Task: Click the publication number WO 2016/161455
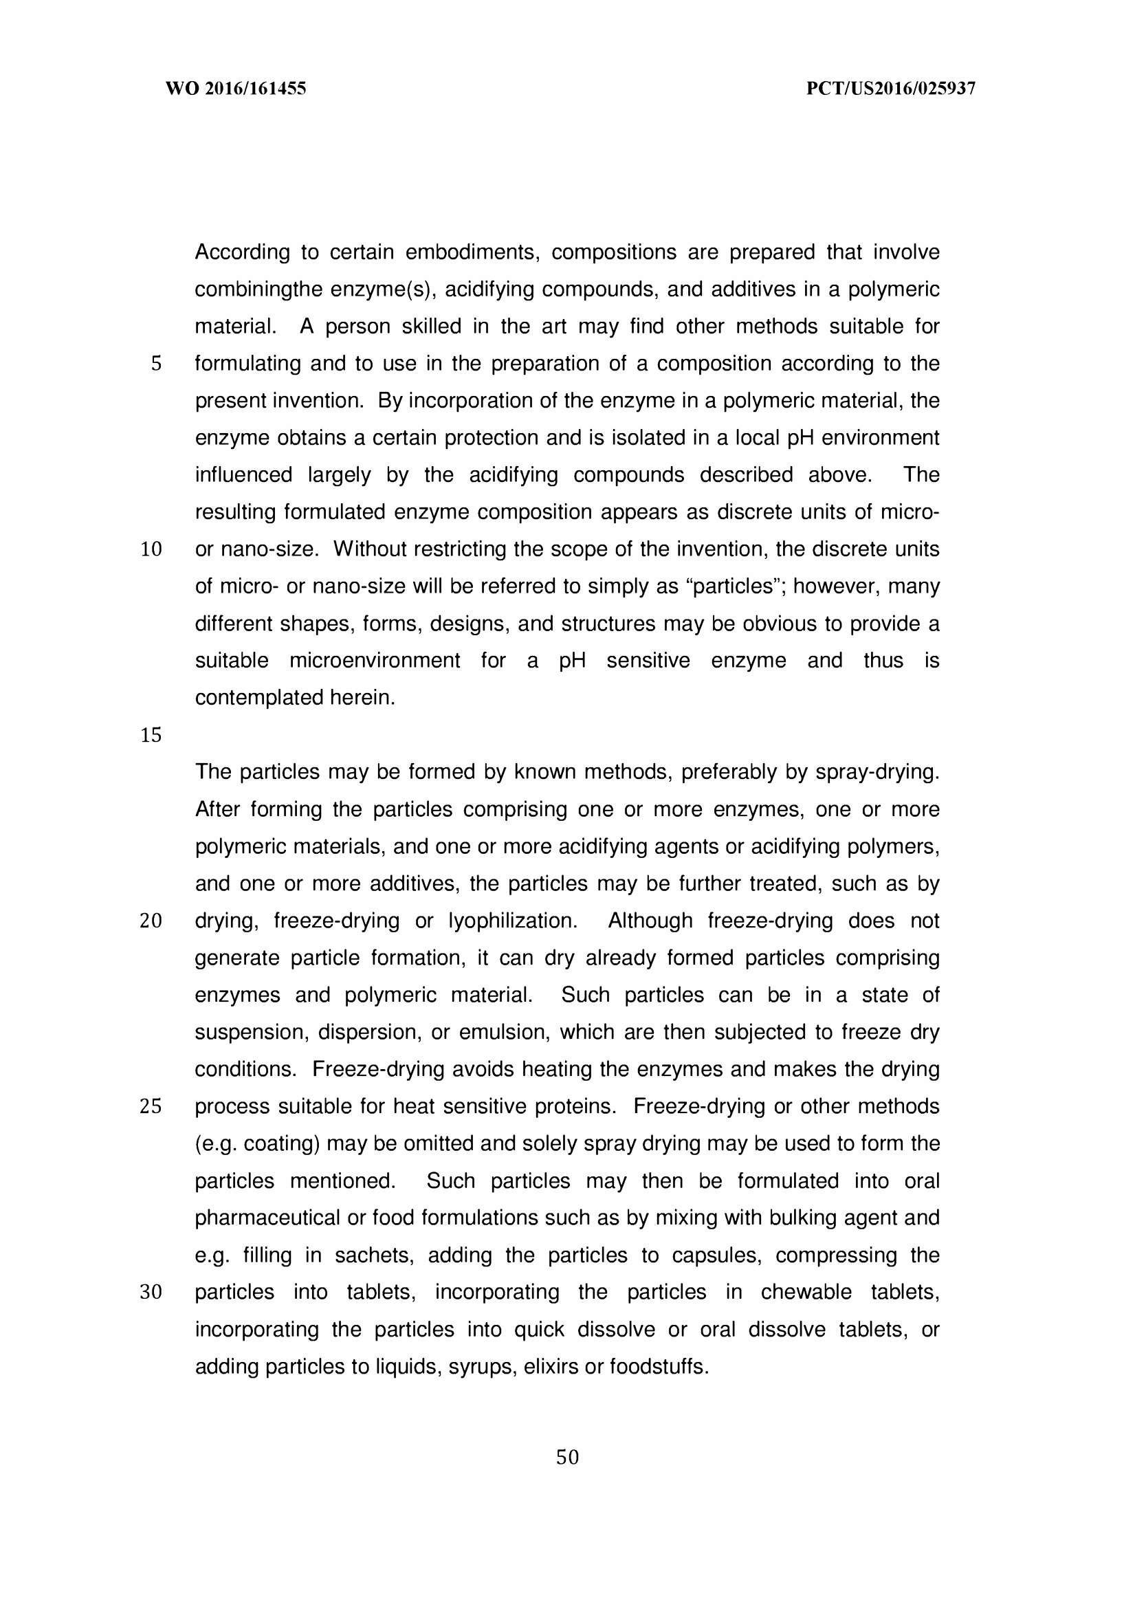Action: click(x=236, y=89)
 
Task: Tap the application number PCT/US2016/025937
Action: click(x=890, y=89)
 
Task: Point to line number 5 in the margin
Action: click(x=156, y=364)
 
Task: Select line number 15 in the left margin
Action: click(x=151, y=735)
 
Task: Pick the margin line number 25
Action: click(x=151, y=1106)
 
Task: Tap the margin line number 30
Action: click(x=151, y=1293)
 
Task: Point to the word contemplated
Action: click(x=249, y=698)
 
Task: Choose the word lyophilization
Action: click(x=512, y=921)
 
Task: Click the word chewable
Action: click(x=806, y=1293)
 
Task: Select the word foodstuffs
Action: click(x=659, y=1366)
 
